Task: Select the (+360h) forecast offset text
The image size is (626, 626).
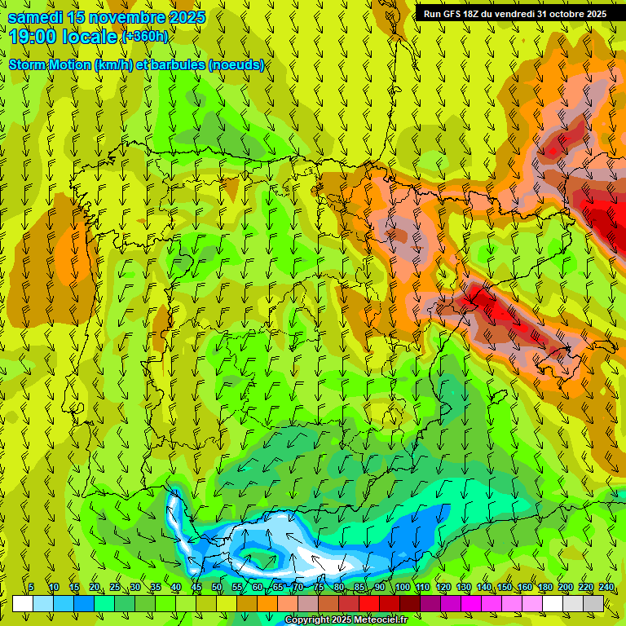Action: pyautogui.click(x=145, y=37)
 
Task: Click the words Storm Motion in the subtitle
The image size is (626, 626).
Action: pyautogui.click(x=50, y=65)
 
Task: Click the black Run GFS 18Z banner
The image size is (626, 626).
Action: pyautogui.click(x=514, y=14)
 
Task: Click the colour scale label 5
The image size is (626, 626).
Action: pyautogui.click(x=31, y=587)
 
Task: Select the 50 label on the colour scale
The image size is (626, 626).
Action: pyautogui.click(x=217, y=587)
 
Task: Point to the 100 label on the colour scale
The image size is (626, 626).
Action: pyautogui.click(x=403, y=587)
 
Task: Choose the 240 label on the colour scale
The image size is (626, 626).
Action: pyautogui.click(x=606, y=587)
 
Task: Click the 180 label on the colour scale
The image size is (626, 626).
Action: pyautogui.click(x=544, y=587)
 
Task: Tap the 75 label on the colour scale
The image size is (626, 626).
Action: pyautogui.click(x=319, y=587)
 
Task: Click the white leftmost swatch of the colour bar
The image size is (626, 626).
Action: pyautogui.click(x=23, y=603)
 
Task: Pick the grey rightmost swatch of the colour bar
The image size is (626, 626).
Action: pyautogui.click(x=593, y=603)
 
